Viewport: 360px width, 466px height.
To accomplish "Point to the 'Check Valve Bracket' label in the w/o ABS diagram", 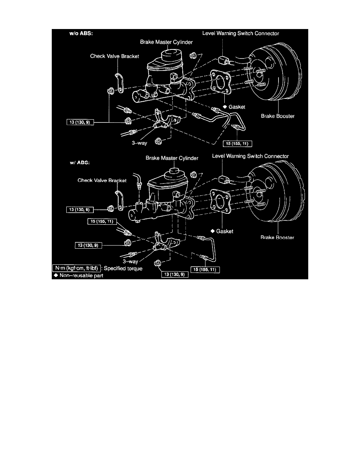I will (x=115, y=56).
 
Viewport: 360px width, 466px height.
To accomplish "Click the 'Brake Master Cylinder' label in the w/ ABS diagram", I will (x=172, y=158).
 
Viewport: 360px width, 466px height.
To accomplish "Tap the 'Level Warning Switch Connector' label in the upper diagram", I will (x=240, y=33).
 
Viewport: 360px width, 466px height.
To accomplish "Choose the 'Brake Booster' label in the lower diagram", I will (x=277, y=237).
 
